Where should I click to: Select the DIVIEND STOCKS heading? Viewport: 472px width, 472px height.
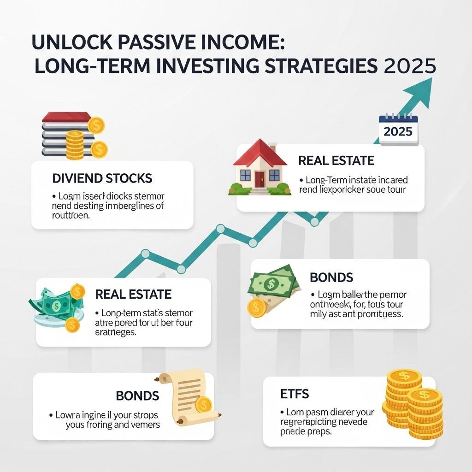click(x=102, y=178)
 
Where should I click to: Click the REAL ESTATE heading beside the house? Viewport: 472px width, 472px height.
click(x=336, y=161)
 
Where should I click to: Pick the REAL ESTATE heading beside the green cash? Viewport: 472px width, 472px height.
click(x=133, y=294)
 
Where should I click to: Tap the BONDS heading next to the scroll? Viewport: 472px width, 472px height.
click(x=137, y=395)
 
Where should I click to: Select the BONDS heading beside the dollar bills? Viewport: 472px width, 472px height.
click(x=331, y=277)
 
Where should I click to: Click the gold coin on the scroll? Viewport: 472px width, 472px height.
click(x=203, y=405)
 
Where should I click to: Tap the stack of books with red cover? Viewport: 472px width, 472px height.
click(x=65, y=135)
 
